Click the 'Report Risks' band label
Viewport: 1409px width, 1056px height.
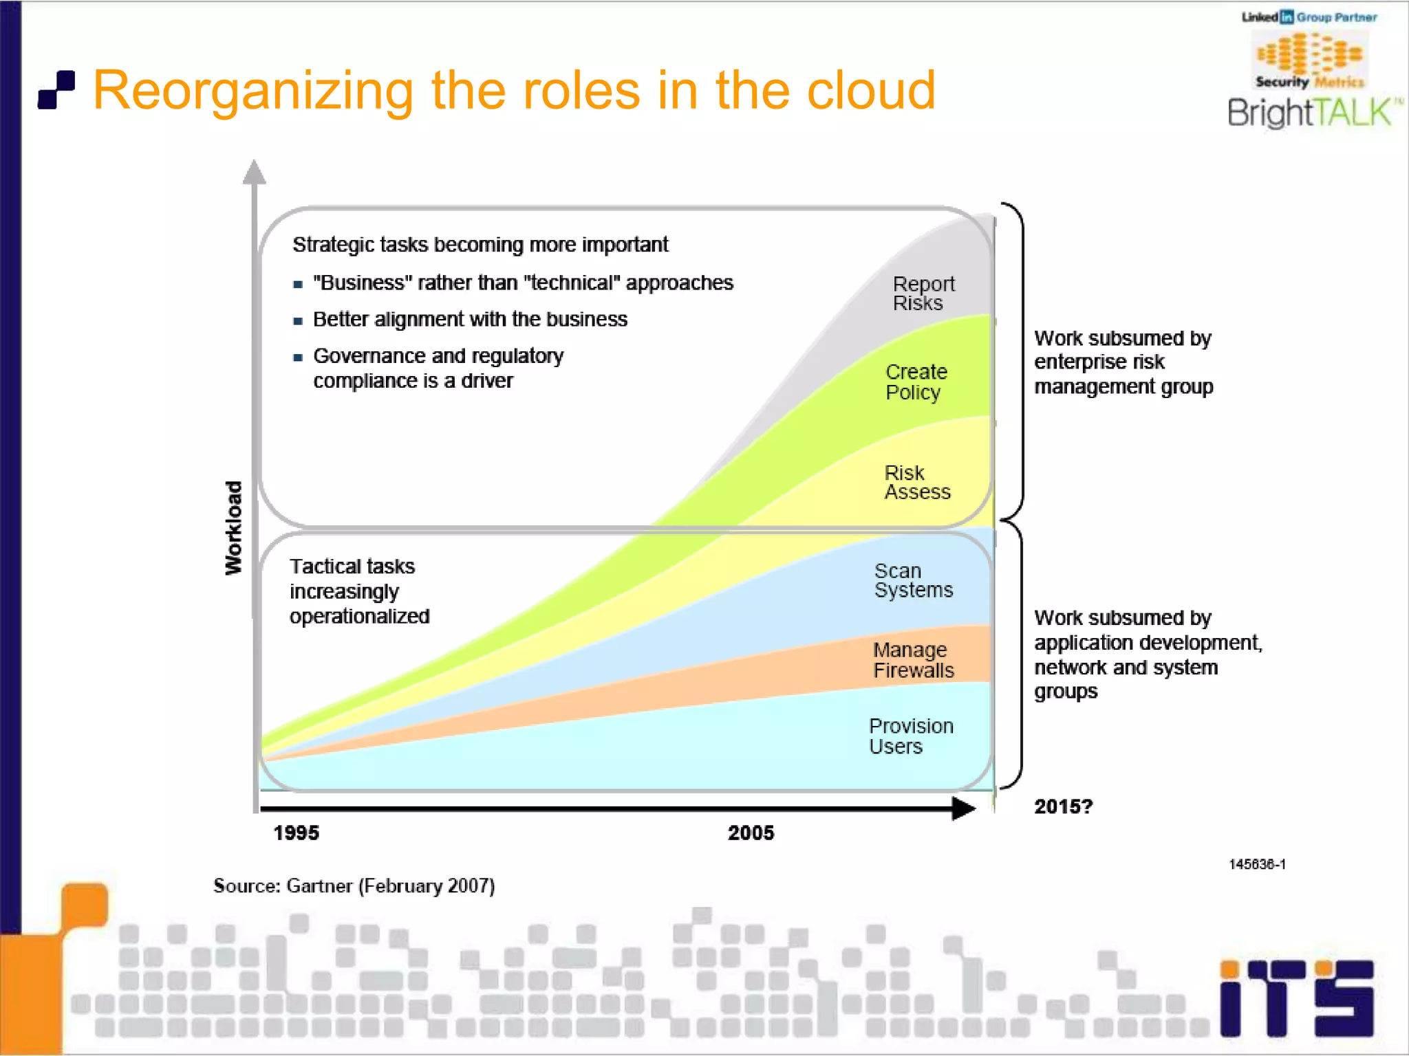[923, 294]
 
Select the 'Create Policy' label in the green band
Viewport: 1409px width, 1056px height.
[916, 382]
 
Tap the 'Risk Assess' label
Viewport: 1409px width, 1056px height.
[916, 483]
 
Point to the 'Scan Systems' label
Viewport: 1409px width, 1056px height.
[913, 581]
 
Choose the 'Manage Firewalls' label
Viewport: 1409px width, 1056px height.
[913, 660]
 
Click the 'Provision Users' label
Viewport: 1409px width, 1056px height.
[910, 736]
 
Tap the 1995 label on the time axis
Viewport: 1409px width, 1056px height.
[296, 833]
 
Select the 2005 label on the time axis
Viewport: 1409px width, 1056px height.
[751, 833]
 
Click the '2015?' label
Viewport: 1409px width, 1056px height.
[1063, 806]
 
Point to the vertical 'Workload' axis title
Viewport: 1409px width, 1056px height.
[234, 527]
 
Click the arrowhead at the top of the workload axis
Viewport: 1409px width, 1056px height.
[255, 173]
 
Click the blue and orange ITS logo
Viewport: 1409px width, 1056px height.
[1297, 999]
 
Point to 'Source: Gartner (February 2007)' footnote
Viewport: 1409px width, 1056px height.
[354, 885]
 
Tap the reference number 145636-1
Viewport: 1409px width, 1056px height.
[1257, 864]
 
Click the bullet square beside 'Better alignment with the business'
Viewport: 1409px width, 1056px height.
[298, 321]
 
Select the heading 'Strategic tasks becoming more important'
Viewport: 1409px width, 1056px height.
[480, 245]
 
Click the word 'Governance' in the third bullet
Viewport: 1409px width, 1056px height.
[369, 356]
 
